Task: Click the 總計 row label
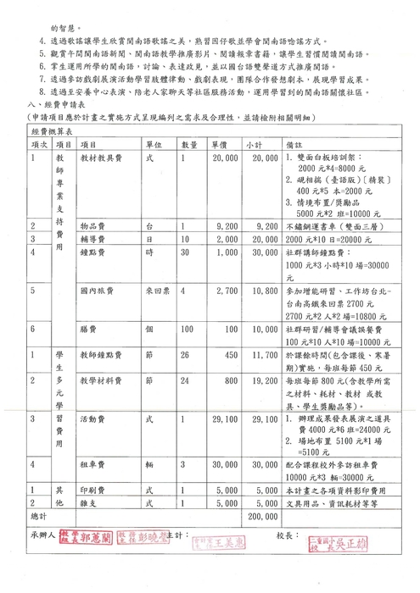pyautogui.click(x=39, y=515)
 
